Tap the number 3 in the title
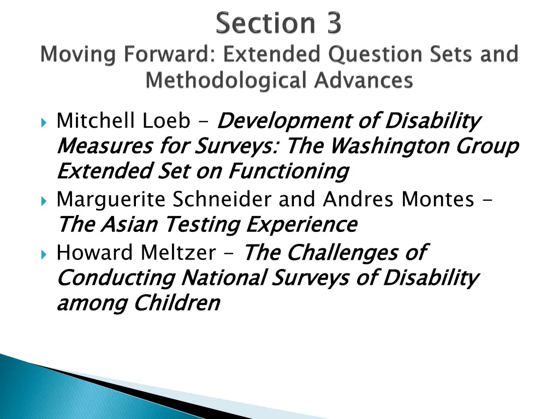pos(331,24)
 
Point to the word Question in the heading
pos(358,55)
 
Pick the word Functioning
pos(288,171)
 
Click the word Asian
pos(130,224)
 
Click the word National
pos(223,278)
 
